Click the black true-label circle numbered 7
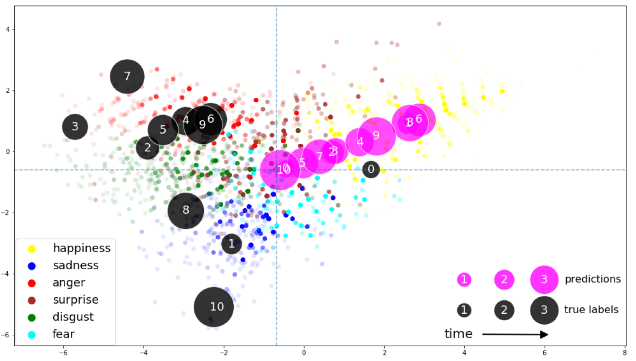pos(127,76)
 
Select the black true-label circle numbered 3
pos(75,127)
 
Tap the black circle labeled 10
pos(214,307)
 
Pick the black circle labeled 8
pos(186,210)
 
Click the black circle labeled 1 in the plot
pos(231,243)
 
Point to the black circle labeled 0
pos(371,169)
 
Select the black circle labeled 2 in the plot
pos(147,148)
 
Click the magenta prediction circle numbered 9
pos(377,136)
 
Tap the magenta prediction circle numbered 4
pos(360,142)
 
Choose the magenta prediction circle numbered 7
pos(319,156)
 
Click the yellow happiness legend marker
pos(32,248)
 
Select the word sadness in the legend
pos(76,265)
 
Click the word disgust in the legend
pos(73,317)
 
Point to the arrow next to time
pos(515,334)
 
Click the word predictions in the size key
pos(592,279)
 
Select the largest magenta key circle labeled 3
pos(544,279)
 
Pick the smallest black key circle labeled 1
pos(464,310)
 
